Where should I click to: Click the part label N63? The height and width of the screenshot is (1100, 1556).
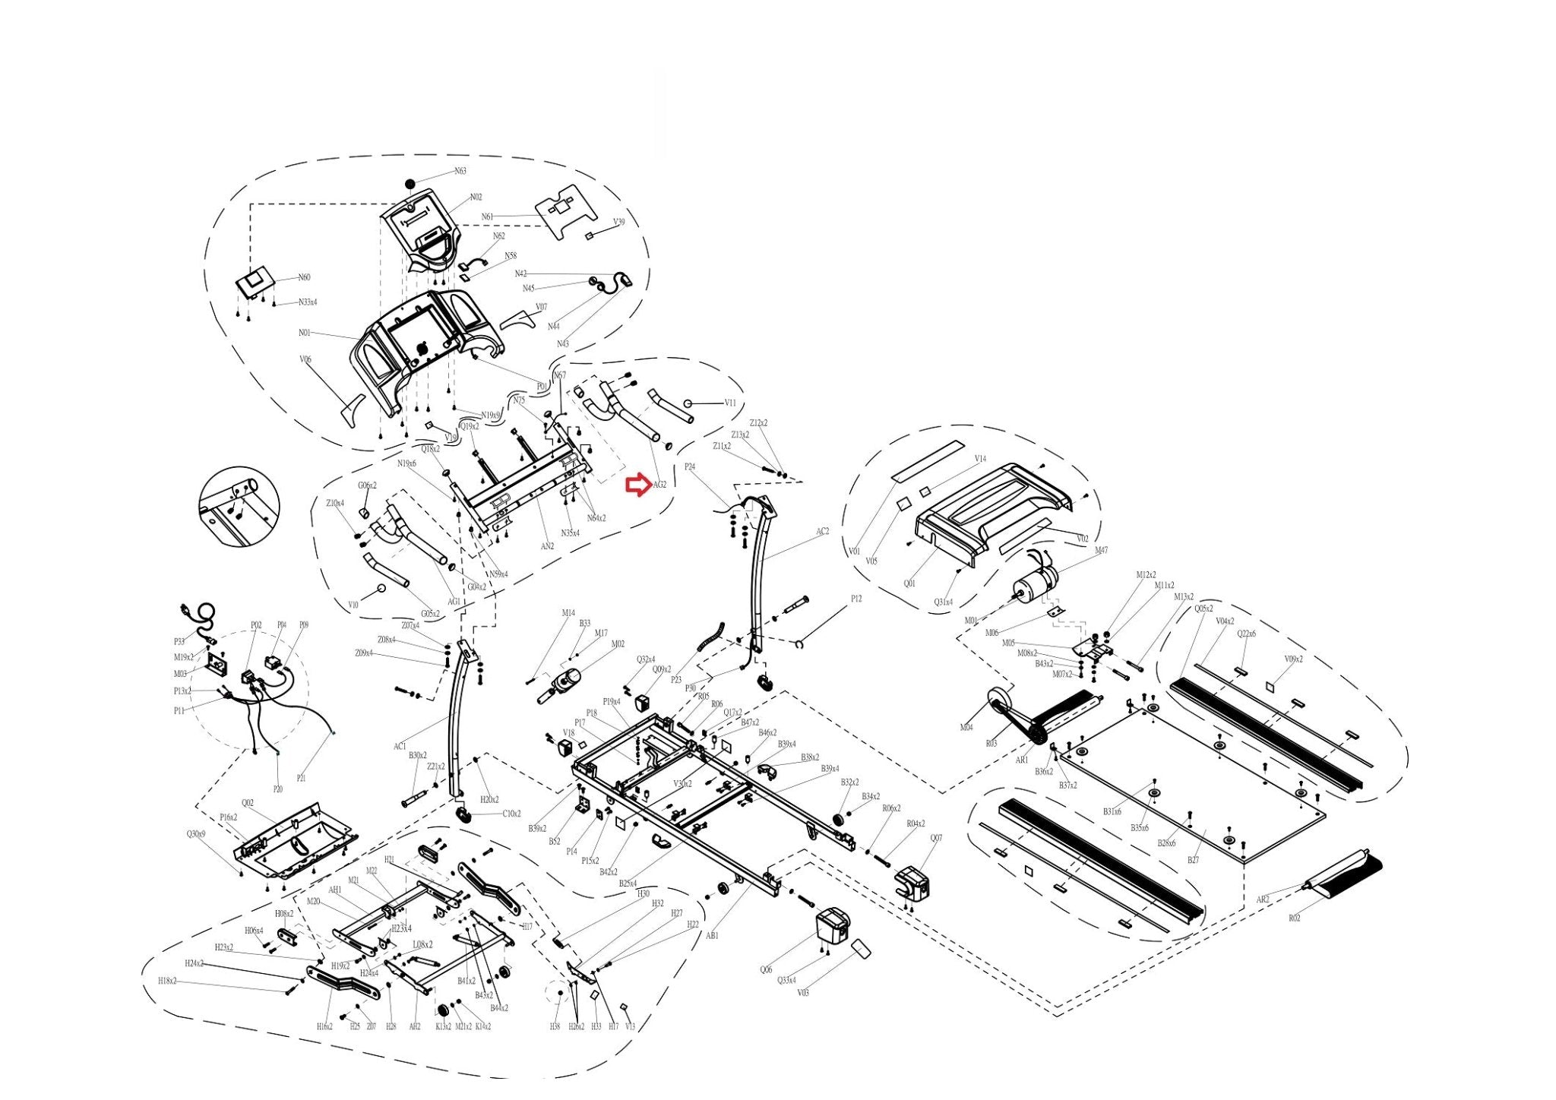point(460,171)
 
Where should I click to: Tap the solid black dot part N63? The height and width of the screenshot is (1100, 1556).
point(410,184)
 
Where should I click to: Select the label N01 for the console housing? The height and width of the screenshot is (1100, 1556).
point(305,333)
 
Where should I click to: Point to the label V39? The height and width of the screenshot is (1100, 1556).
point(619,222)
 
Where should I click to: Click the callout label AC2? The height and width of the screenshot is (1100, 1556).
point(822,532)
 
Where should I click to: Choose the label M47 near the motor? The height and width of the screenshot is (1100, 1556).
point(1101,550)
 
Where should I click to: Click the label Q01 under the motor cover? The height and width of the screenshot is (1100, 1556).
point(909,583)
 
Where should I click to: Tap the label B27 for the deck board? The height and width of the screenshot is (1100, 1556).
point(1194,861)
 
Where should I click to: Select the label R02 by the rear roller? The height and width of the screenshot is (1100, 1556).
point(1294,918)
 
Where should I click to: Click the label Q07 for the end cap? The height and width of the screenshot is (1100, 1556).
point(936,839)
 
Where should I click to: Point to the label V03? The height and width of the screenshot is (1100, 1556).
point(803,993)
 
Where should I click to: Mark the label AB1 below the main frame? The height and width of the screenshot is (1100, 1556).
point(712,936)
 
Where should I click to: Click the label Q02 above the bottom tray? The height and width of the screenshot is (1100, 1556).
point(248,803)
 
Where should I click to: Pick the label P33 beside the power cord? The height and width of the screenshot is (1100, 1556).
point(179,642)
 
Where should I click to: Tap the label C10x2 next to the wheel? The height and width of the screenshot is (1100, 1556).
point(512,814)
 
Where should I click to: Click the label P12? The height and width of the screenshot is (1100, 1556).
point(856,599)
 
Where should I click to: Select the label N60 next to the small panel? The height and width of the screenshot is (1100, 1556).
point(304,277)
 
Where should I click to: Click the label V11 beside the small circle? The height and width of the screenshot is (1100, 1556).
point(730,403)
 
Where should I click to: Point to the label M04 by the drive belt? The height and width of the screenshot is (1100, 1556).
point(966,728)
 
